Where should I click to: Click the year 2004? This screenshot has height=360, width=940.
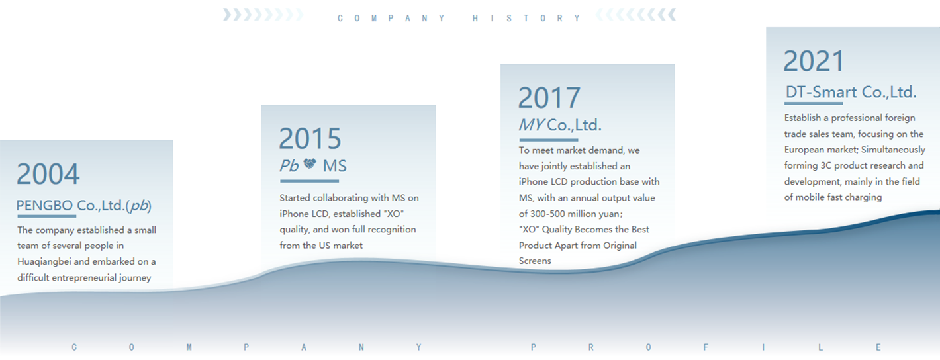[48, 174]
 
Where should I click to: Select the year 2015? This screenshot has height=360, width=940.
[310, 138]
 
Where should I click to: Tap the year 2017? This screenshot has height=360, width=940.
[549, 98]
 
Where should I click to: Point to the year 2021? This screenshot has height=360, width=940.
[814, 62]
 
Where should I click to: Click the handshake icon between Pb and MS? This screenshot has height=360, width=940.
[310, 163]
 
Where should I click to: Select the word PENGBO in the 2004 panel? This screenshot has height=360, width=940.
[44, 206]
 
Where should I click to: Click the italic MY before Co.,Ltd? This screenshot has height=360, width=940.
[532, 125]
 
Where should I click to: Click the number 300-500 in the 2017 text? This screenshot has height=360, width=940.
[547, 214]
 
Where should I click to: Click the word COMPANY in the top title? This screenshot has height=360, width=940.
[391, 18]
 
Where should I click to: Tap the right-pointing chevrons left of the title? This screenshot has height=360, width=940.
[263, 15]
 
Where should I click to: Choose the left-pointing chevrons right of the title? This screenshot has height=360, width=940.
[635, 15]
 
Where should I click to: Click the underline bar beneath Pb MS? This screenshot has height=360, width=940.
[309, 181]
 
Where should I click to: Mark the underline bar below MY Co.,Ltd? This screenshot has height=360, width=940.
[549, 140]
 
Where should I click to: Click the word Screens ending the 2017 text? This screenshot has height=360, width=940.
[535, 261]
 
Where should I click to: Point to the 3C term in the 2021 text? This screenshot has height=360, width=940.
[826, 165]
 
